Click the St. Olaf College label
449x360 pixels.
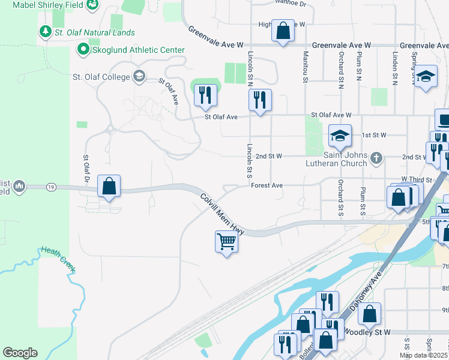[x=101, y=77]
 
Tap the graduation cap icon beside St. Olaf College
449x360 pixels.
[x=139, y=76]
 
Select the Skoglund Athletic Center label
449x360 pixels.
[x=130, y=50]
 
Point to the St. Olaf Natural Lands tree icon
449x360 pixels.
[x=44, y=32]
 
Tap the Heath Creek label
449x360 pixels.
[x=58, y=259]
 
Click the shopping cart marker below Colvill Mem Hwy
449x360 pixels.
[x=227, y=242]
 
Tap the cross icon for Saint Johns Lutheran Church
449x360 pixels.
[x=376, y=159]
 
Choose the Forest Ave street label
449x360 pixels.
[x=267, y=186]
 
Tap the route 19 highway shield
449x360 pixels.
[x=50, y=187]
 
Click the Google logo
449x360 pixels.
[x=20, y=353]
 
